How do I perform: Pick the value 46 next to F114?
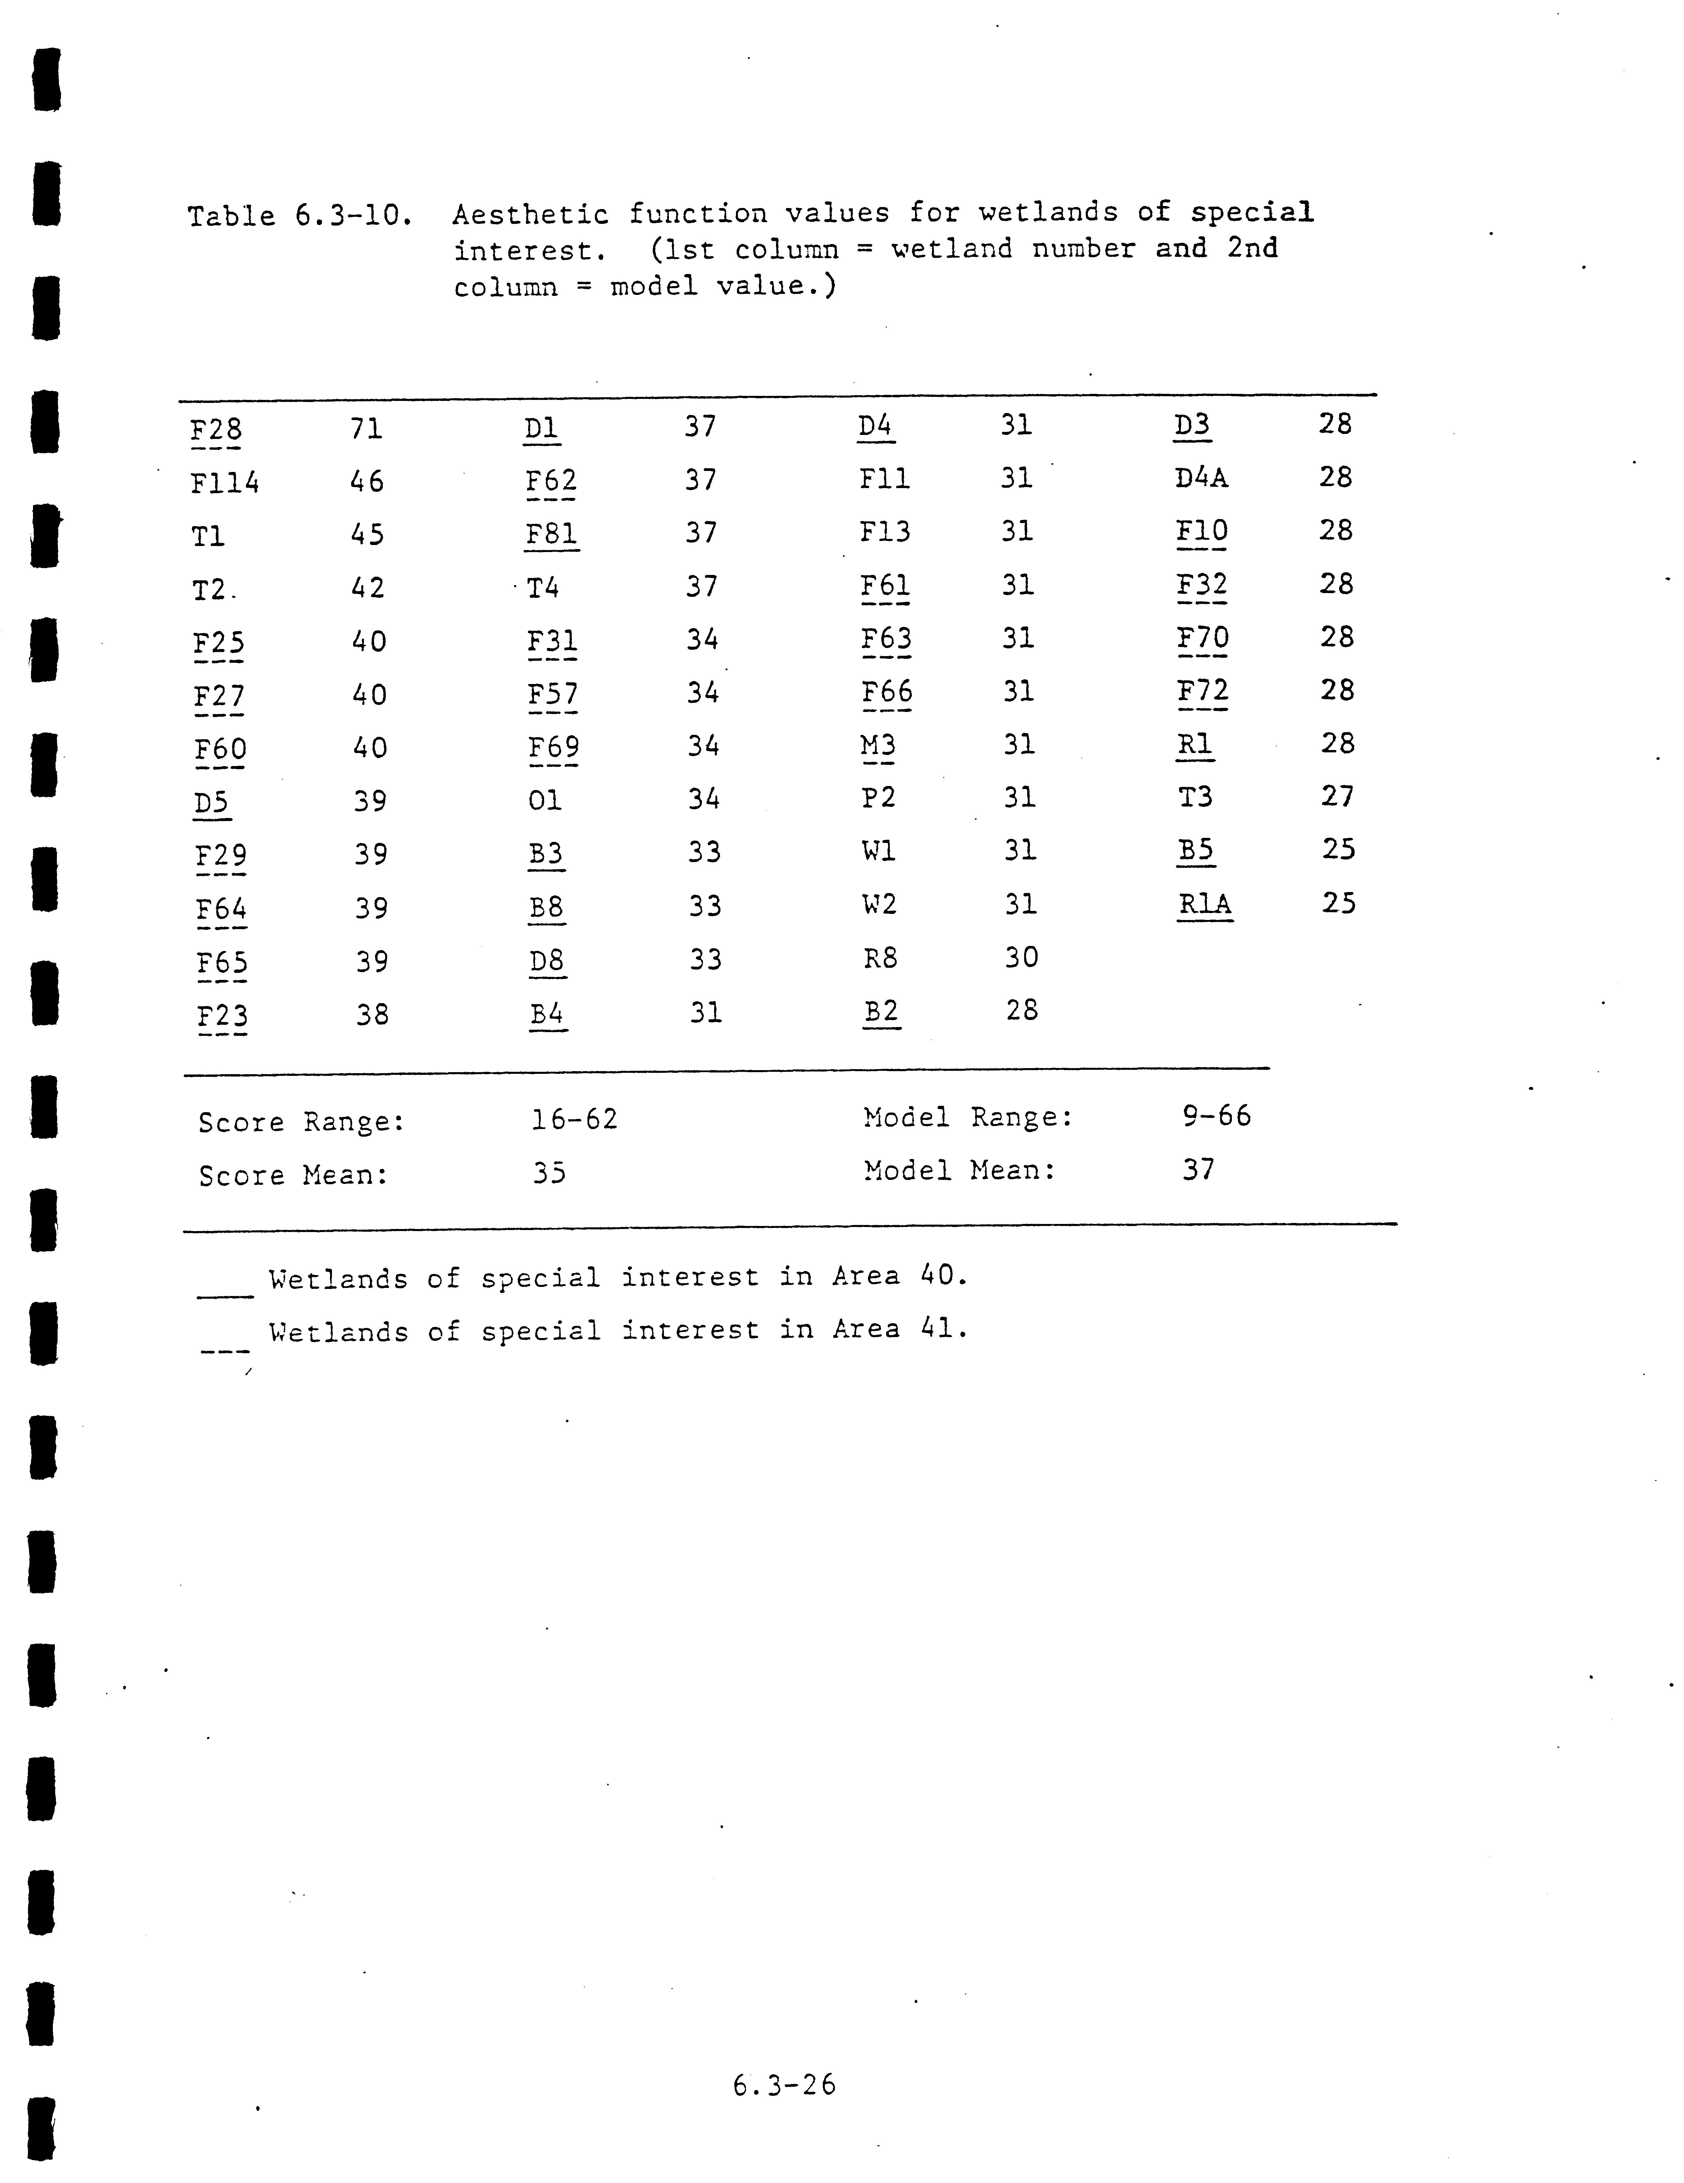tap(367, 482)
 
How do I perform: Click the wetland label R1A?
tap(1204, 903)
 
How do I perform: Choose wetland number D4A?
tap(1201, 478)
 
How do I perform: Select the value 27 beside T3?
tap(1337, 797)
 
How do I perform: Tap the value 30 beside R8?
tap(1021, 958)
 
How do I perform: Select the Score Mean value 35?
tap(549, 1172)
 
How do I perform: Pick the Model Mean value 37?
tap(1198, 1169)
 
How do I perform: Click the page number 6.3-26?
tap(783, 2085)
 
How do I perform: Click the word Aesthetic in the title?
tap(530, 214)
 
